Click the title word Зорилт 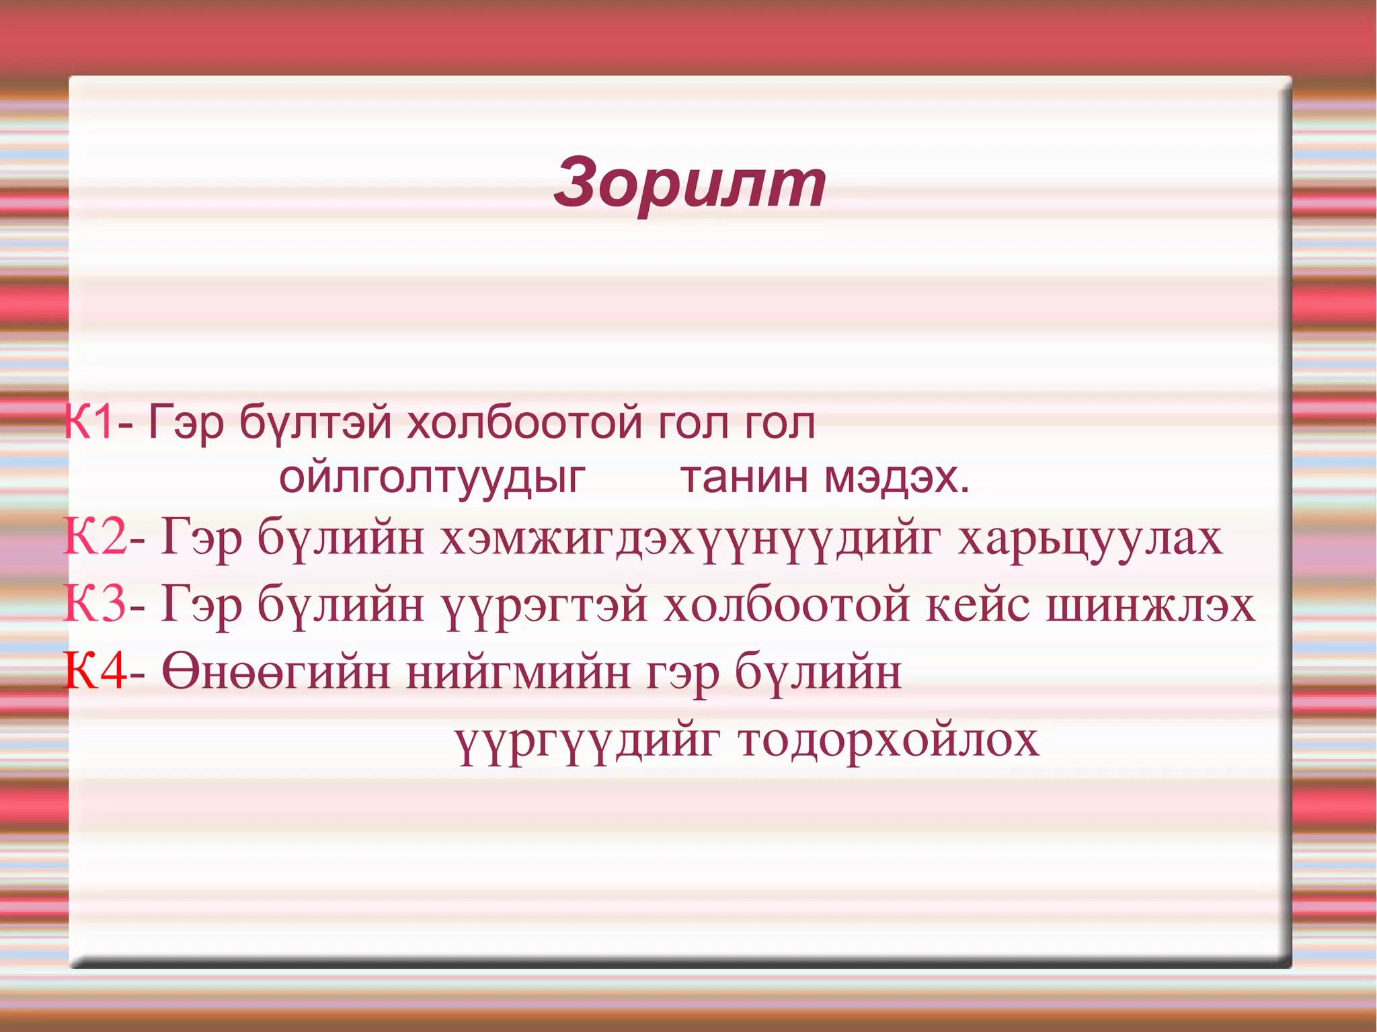point(690,184)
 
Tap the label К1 point(88,423)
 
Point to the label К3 point(95,604)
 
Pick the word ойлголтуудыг point(432,479)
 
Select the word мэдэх point(897,479)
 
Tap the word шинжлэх point(1150,605)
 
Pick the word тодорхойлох point(888,740)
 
